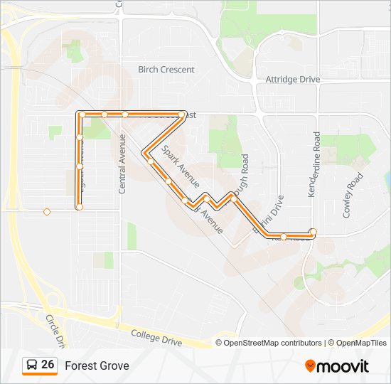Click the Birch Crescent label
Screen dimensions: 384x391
(x=166, y=70)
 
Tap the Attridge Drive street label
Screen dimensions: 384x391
(x=292, y=80)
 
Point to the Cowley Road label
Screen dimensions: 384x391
(x=353, y=194)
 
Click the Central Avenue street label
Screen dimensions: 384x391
(x=122, y=164)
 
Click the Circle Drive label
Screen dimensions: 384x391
(x=55, y=331)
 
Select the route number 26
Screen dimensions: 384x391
(x=48, y=365)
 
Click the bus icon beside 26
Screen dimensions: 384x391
(x=32, y=366)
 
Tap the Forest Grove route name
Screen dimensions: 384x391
(x=97, y=366)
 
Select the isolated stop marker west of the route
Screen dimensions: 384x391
(x=47, y=211)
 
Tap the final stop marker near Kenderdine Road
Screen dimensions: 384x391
(x=313, y=231)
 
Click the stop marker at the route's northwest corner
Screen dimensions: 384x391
(x=82, y=114)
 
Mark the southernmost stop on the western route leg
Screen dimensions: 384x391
(x=80, y=207)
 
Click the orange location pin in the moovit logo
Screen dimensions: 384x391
(x=310, y=366)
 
